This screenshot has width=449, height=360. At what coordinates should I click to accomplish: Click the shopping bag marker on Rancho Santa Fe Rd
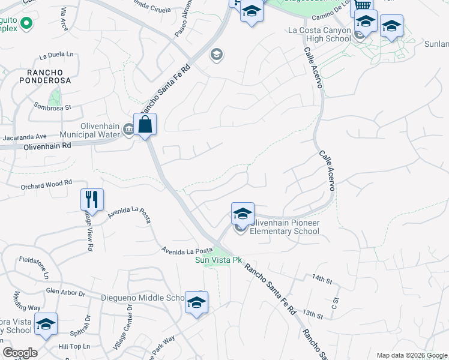click(145, 125)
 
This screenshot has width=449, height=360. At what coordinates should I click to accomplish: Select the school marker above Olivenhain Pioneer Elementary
click(243, 214)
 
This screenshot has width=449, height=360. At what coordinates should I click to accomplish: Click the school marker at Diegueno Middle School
click(196, 302)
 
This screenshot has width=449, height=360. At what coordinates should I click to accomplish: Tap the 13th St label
click(313, 314)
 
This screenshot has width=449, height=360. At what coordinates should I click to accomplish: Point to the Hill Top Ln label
click(74, 346)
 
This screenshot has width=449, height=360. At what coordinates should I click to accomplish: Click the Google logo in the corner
click(20, 353)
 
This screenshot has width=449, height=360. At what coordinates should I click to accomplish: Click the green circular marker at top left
click(25, 24)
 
